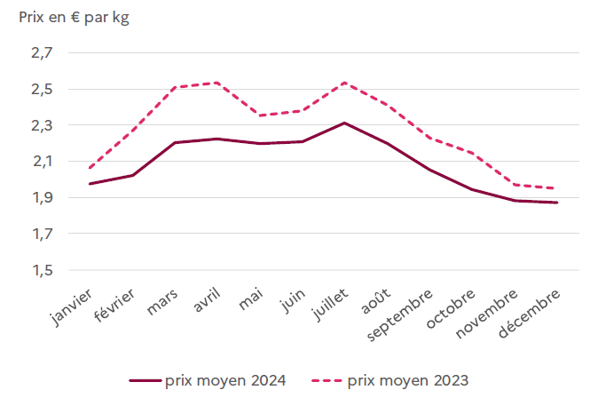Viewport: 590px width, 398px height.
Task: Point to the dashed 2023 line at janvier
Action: pyautogui.click(x=90, y=168)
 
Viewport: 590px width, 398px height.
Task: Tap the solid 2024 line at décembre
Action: pyautogui.click(x=557, y=203)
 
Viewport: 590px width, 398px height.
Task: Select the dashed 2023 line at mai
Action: pyautogui.click(x=260, y=115)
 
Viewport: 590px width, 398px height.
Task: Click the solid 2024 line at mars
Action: pyautogui.click(x=175, y=142)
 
